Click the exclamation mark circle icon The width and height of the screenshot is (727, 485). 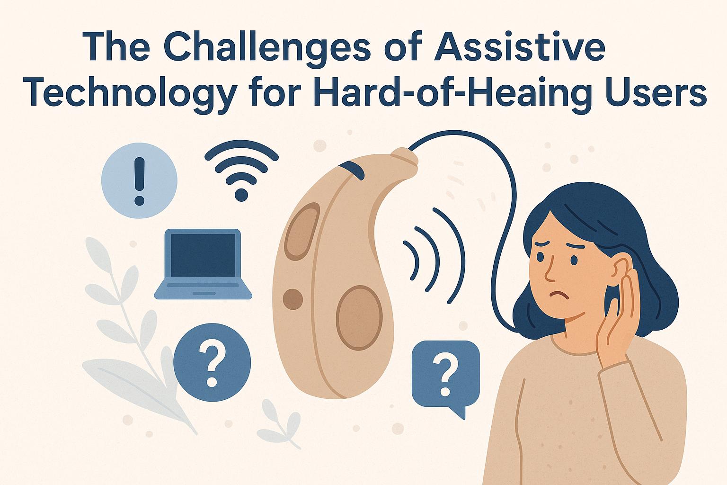tap(139, 181)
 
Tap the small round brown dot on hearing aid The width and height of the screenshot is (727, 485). tap(292, 299)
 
